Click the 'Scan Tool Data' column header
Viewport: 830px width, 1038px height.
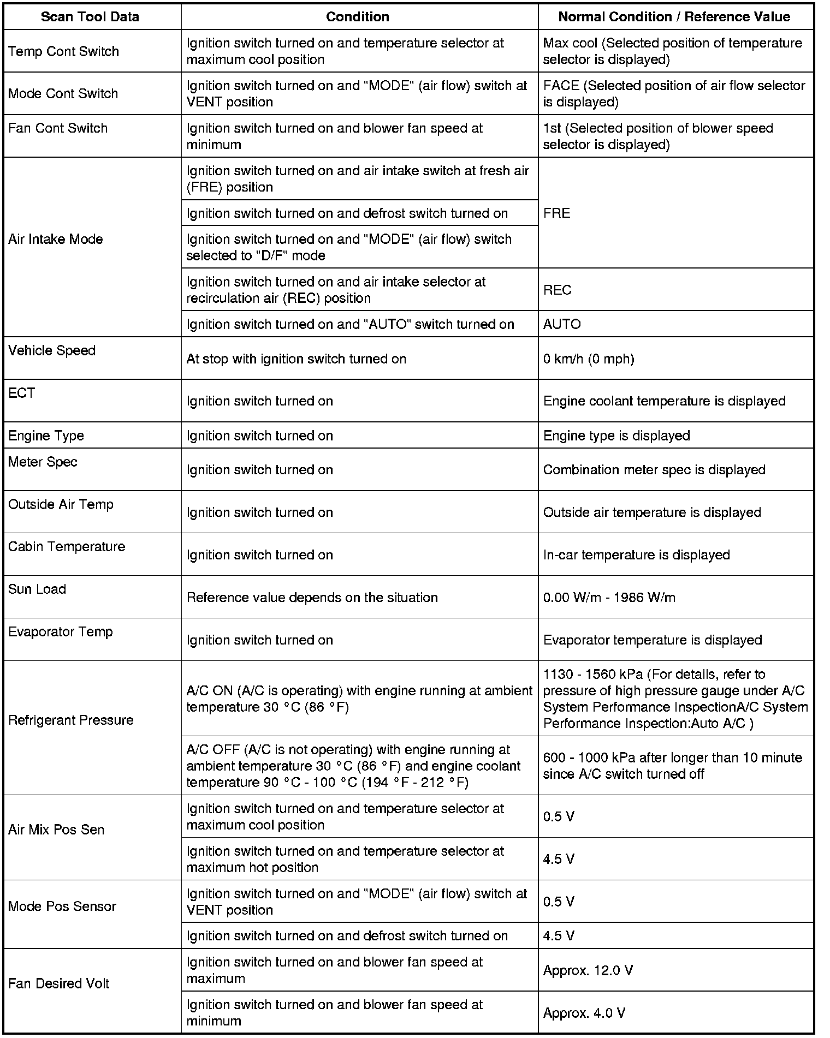click(x=90, y=17)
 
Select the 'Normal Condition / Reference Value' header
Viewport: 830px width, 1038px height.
click(x=674, y=17)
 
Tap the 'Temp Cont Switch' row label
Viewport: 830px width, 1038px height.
click(x=63, y=51)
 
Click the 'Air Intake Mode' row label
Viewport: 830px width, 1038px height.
click(x=55, y=239)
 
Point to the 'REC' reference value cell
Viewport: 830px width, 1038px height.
click(x=557, y=290)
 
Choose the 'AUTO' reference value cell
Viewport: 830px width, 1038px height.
click(x=562, y=324)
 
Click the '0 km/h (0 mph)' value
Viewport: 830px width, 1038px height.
click(x=589, y=359)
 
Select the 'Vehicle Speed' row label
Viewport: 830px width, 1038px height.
click(x=52, y=350)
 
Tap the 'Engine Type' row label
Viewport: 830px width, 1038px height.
click(x=46, y=436)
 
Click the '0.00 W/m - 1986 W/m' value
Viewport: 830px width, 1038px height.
click(x=609, y=598)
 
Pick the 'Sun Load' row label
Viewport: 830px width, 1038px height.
click(x=37, y=589)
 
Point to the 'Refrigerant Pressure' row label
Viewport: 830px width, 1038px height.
click(x=70, y=720)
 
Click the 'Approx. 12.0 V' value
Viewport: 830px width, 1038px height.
click(x=588, y=970)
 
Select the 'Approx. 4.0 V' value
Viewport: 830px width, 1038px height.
click(x=584, y=1013)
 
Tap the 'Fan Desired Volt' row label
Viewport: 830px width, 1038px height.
click(x=58, y=983)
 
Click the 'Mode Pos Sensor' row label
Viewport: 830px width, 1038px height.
click(x=62, y=906)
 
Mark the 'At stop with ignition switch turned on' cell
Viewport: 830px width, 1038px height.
click(x=296, y=359)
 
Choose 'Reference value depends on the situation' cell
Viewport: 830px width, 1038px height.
click(x=312, y=598)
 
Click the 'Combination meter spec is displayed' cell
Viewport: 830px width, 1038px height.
click(x=654, y=470)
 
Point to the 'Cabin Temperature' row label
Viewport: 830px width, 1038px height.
click(x=67, y=547)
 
